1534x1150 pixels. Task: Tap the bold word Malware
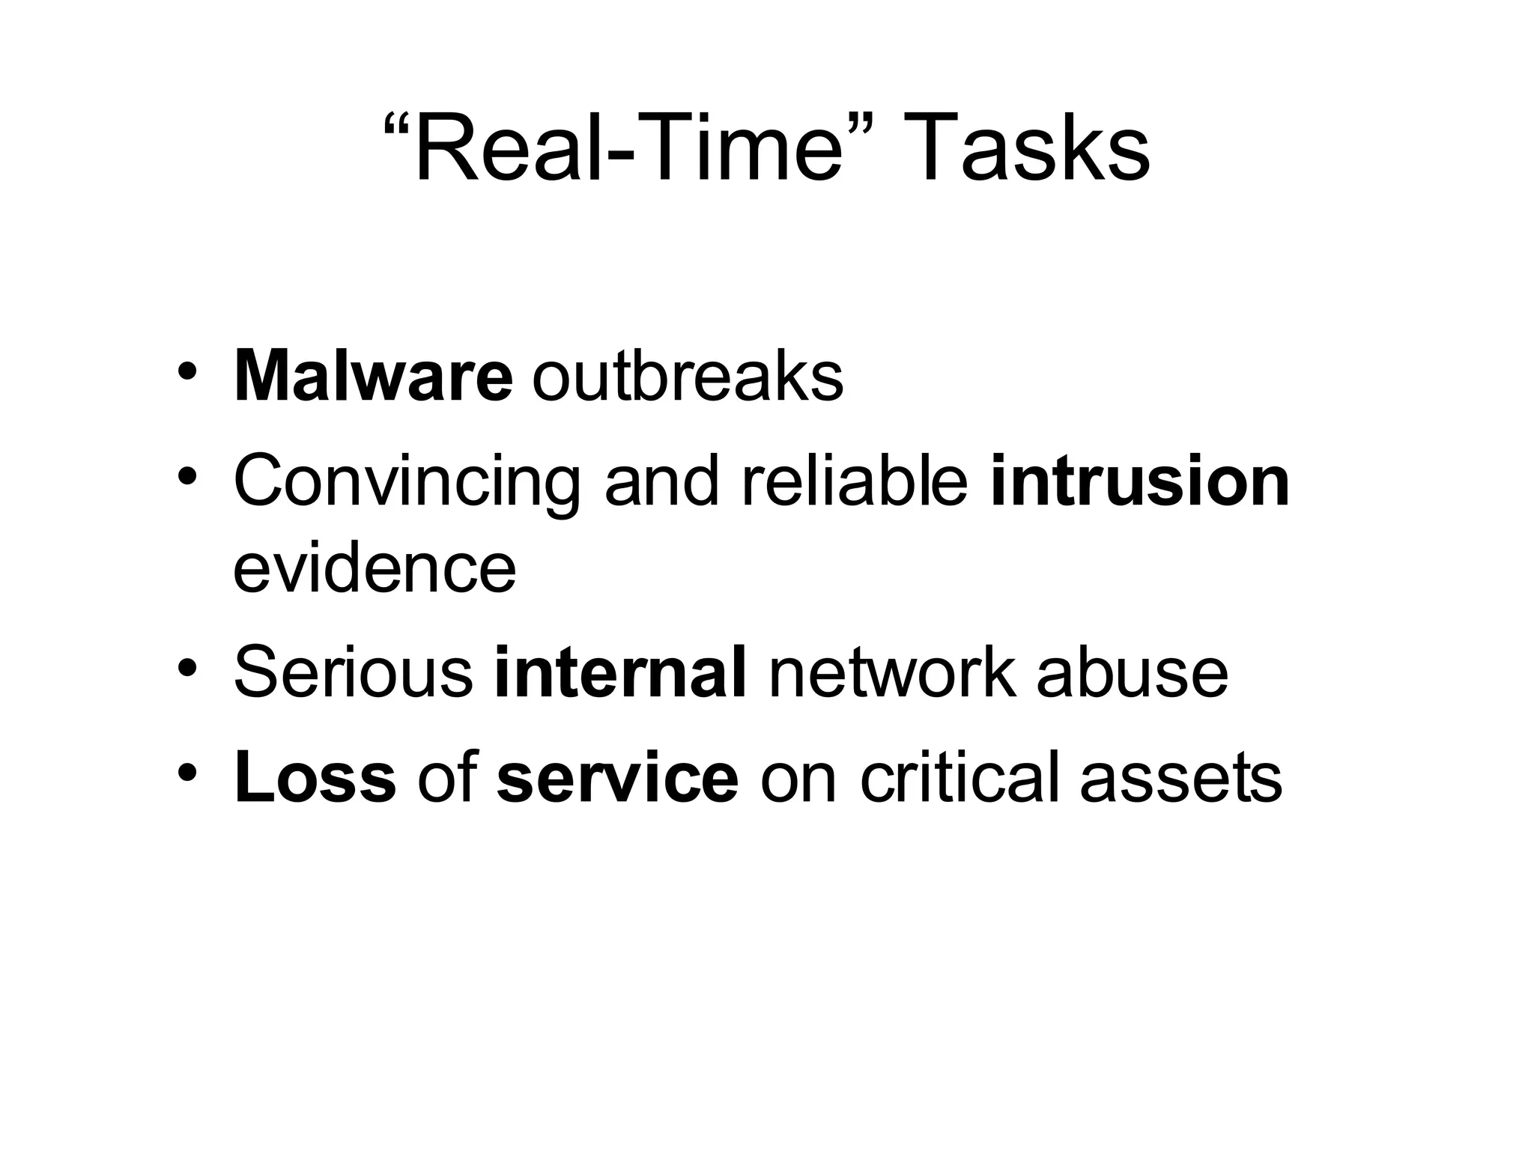(x=373, y=377)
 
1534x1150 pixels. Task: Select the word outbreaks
(x=688, y=377)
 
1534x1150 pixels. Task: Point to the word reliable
(x=855, y=481)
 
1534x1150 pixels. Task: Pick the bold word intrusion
(x=1140, y=481)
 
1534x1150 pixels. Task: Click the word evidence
(x=375, y=569)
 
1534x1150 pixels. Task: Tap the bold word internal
(x=620, y=672)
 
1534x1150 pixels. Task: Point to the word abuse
(x=1132, y=672)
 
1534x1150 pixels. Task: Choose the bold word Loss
(x=315, y=778)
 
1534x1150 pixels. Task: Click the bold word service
(x=617, y=778)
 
